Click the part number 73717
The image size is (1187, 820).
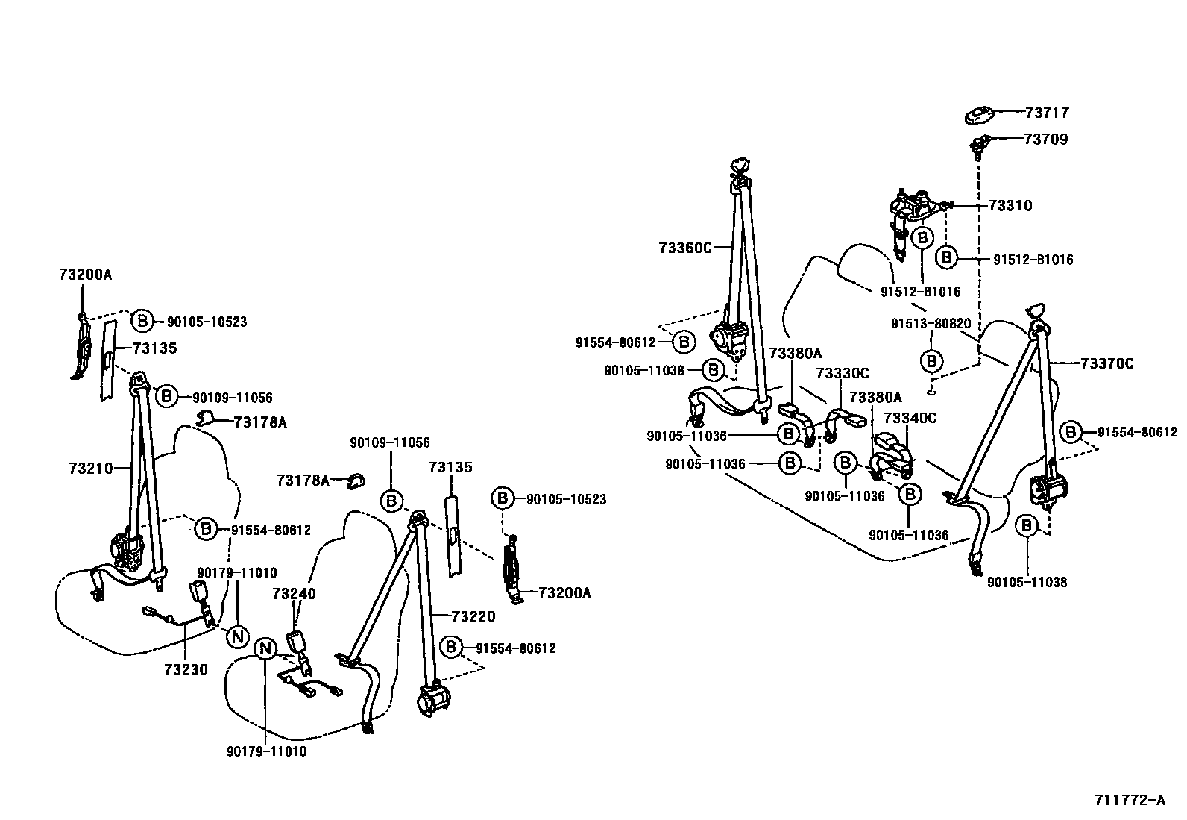pyautogui.click(x=1047, y=113)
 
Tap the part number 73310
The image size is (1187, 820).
pyautogui.click(x=1010, y=205)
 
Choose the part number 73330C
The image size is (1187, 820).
pyautogui.click(x=842, y=373)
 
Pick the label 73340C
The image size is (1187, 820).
pyautogui.click(x=910, y=418)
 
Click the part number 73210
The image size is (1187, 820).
pyautogui.click(x=90, y=468)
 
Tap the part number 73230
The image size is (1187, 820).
pyautogui.click(x=186, y=669)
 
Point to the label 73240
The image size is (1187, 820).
pyautogui.click(x=294, y=594)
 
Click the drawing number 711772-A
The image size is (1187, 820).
pyautogui.click(x=1129, y=800)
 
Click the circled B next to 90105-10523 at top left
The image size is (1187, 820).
pyautogui.click(x=142, y=321)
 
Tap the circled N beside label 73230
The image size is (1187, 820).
pyautogui.click(x=237, y=636)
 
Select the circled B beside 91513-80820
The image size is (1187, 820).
pyautogui.click(x=931, y=361)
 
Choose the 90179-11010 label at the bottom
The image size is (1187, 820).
pyautogui.click(x=266, y=751)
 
